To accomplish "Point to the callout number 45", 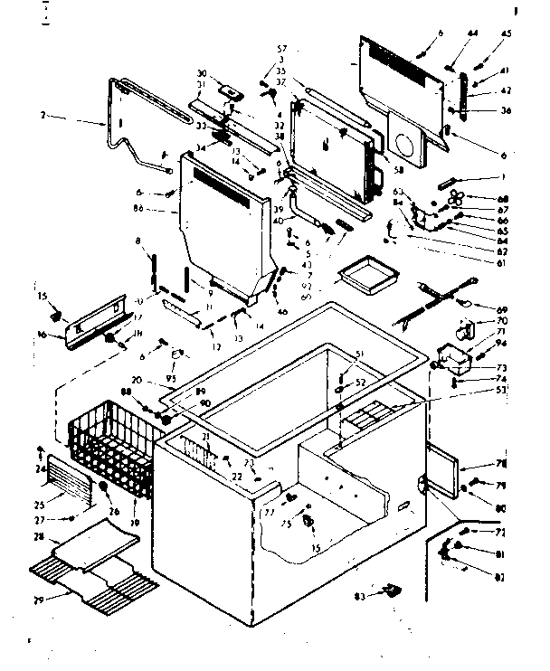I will click(x=506, y=34).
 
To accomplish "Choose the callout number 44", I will click(x=472, y=34).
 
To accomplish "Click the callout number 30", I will click(x=202, y=72).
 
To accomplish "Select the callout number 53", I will click(x=500, y=390).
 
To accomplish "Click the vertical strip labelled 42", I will click(x=464, y=92).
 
